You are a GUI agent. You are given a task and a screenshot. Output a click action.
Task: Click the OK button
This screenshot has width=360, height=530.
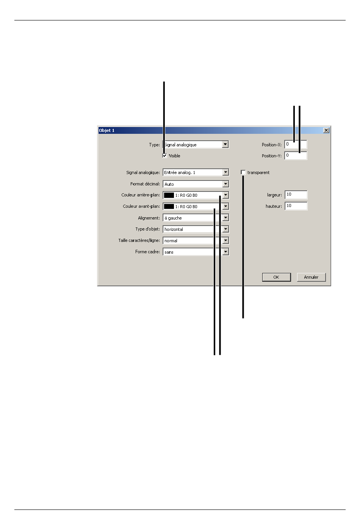276,277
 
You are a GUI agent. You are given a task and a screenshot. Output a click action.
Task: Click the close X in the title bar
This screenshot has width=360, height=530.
326,130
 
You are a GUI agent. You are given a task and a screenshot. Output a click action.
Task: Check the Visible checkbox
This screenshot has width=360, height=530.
165,156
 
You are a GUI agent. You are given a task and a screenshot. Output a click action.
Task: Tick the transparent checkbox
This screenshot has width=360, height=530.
243,172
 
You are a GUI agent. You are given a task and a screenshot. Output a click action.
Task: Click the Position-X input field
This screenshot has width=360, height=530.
296,144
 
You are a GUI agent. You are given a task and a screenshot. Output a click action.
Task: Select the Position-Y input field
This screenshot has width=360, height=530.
296,155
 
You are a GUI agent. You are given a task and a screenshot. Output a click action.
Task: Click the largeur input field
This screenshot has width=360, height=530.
296,195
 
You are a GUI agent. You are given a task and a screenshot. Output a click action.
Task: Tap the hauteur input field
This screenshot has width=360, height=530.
296,206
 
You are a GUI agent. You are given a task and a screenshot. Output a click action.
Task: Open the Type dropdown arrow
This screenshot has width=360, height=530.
225,144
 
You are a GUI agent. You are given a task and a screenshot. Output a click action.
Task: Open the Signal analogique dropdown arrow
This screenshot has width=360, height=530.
225,172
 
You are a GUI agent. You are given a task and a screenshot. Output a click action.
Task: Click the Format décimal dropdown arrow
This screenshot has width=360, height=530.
225,184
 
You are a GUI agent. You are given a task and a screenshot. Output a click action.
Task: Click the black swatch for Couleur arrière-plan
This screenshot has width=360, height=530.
169,195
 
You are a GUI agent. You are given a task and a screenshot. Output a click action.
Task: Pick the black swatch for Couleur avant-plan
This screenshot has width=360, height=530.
169,207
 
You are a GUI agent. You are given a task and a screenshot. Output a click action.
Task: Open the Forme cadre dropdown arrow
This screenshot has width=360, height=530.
225,252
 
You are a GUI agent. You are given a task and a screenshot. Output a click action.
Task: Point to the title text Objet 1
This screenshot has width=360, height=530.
106,130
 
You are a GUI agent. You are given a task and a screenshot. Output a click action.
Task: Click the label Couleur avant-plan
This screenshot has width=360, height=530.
141,207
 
